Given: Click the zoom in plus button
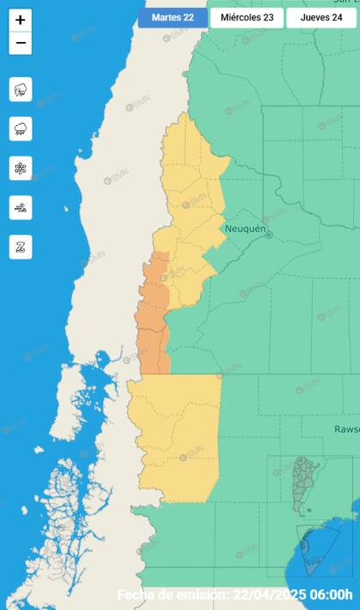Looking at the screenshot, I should pyautogui.click(x=21, y=20).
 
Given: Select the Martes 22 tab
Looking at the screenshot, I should pyautogui.click(x=172, y=18).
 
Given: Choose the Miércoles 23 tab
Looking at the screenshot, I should pyautogui.click(x=247, y=18).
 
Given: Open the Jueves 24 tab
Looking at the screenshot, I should pyautogui.click(x=321, y=18).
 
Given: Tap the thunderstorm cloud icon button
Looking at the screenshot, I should pyautogui.click(x=21, y=89).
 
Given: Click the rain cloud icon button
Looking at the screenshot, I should pyautogui.click(x=21, y=129).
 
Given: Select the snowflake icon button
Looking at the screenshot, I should pyautogui.click(x=21, y=168).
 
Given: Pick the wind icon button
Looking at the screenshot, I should pyautogui.click(x=21, y=207).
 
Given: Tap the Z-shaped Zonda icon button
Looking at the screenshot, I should pyautogui.click(x=21, y=247).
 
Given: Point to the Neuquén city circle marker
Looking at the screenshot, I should pyautogui.click(x=268, y=234).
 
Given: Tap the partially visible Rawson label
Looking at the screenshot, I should pyautogui.click(x=346, y=428).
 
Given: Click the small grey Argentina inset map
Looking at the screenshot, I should pyautogui.click(x=303, y=484).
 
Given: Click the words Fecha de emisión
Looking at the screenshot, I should pyautogui.click(x=171, y=595).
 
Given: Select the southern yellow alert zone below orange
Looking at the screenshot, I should pyautogui.click(x=176, y=437).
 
